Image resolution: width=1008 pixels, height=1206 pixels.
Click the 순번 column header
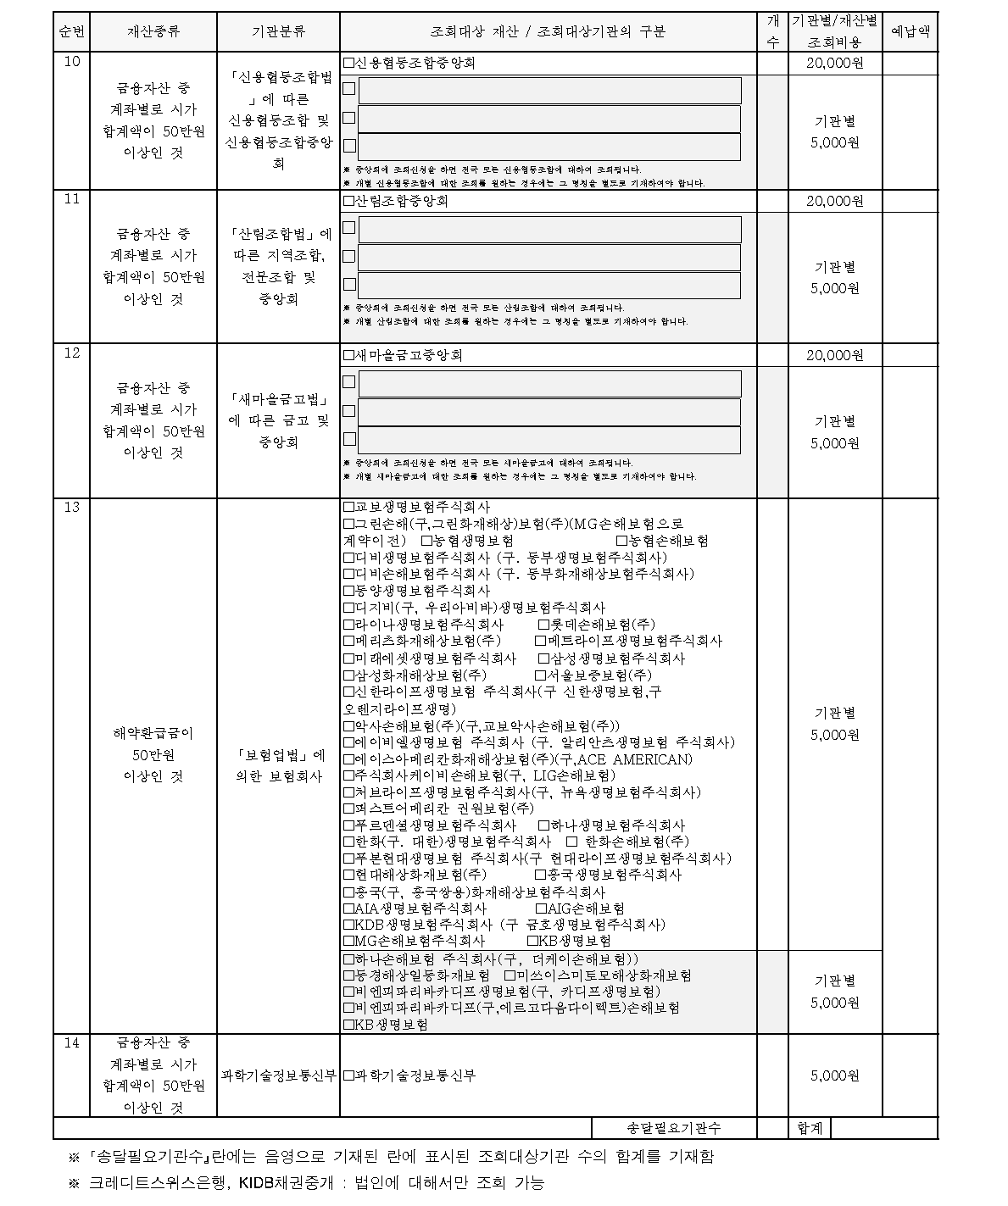click(71, 32)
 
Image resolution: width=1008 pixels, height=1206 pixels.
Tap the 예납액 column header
click(911, 32)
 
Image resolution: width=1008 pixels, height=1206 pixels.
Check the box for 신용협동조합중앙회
click(348, 64)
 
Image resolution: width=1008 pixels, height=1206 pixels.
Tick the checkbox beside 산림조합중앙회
click(348, 202)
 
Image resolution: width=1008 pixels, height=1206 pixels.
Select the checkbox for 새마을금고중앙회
click(348, 356)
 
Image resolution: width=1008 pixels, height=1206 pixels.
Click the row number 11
click(71, 199)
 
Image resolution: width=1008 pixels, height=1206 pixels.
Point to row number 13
click(71, 507)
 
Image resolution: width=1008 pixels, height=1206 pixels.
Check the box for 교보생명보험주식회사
click(348, 507)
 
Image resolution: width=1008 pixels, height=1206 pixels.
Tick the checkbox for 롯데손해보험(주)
click(543, 625)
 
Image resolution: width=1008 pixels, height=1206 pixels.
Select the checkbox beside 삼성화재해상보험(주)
click(348, 675)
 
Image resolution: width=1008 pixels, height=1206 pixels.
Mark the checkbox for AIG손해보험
click(543, 909)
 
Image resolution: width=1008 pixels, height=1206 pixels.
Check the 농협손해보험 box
click(621, 541)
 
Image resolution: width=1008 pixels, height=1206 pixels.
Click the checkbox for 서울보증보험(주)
click(540, 675)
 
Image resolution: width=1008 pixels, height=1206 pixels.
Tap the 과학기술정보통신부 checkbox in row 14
click(348, 1076)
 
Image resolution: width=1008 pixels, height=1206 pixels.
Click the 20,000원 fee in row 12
click(834, 356)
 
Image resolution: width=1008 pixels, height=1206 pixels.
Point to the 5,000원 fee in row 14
click(834, 1076)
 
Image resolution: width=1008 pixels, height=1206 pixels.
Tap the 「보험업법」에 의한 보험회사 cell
click(278, 765)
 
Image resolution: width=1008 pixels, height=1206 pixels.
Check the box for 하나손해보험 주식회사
click(348, 959)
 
